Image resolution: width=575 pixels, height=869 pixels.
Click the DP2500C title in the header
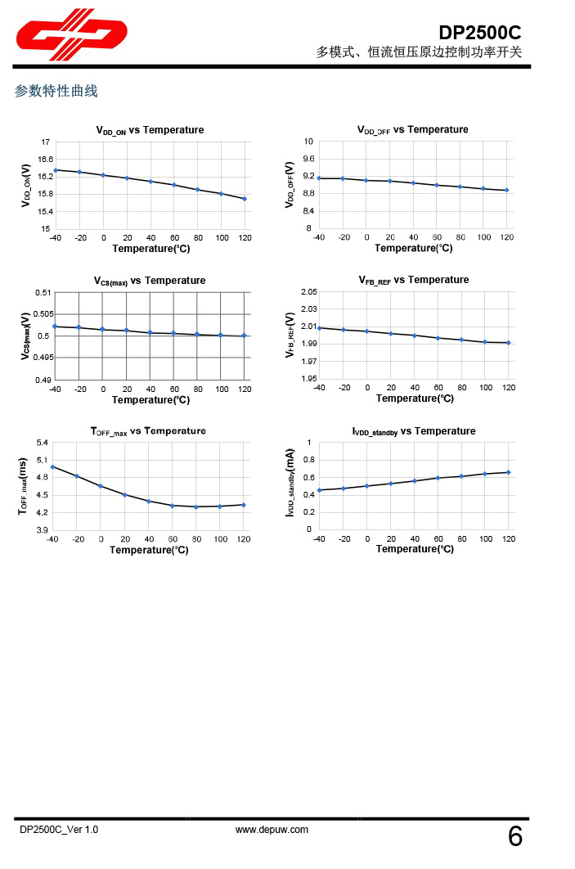tap(479, 33)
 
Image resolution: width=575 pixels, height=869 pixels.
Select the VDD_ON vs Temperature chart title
tap(150, 130)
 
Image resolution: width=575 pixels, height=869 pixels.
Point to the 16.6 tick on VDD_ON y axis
tap(46, 159)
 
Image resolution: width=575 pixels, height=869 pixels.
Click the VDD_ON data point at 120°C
tap(245, 199)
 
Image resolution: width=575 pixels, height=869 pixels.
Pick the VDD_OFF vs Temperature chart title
tap(413, 129)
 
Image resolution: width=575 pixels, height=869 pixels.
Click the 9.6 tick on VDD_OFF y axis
tap(309, 159)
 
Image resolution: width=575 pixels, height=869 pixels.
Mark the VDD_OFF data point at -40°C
tap(319, 178)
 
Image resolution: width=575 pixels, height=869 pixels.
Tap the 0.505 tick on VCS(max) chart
tap(43, 314)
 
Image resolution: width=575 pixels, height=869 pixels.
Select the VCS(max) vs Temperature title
tap(150, 281)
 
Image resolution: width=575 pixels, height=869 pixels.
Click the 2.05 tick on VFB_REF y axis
tap(308, 292)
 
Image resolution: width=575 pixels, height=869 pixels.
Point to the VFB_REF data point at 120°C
tap(509, 343)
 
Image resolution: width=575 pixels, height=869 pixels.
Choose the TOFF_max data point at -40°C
tap(52, 466)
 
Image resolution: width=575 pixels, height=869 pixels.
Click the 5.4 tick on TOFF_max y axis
tap(43, 443)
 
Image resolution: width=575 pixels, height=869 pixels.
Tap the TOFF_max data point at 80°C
tap(196, 507)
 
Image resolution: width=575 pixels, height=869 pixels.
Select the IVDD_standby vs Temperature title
tap(413, 431)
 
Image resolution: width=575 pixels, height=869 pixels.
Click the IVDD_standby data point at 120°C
tap(509, 472)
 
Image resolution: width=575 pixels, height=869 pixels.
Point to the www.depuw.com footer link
tap(272, 830)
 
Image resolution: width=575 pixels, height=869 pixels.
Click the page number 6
tap(515, 836)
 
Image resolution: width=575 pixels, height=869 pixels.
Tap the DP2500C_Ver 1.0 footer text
tap(59, 830)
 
